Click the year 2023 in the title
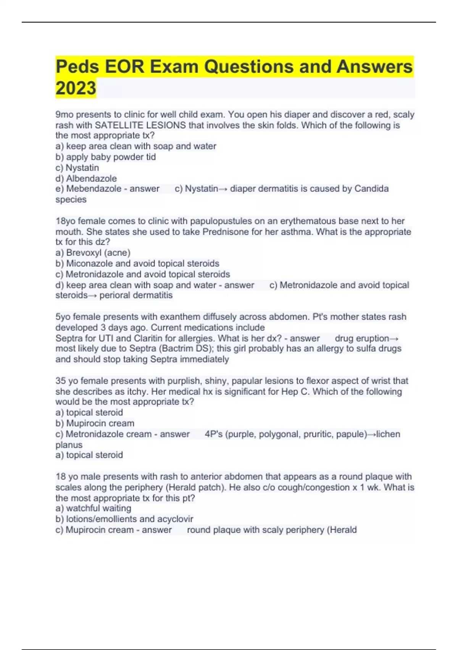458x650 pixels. coord(76,88)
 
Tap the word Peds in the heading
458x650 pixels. coord(78,67)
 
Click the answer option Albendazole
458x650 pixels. coord(91,178)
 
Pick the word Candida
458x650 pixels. coord(371,188)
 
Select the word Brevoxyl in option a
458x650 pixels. coord(83,253)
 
